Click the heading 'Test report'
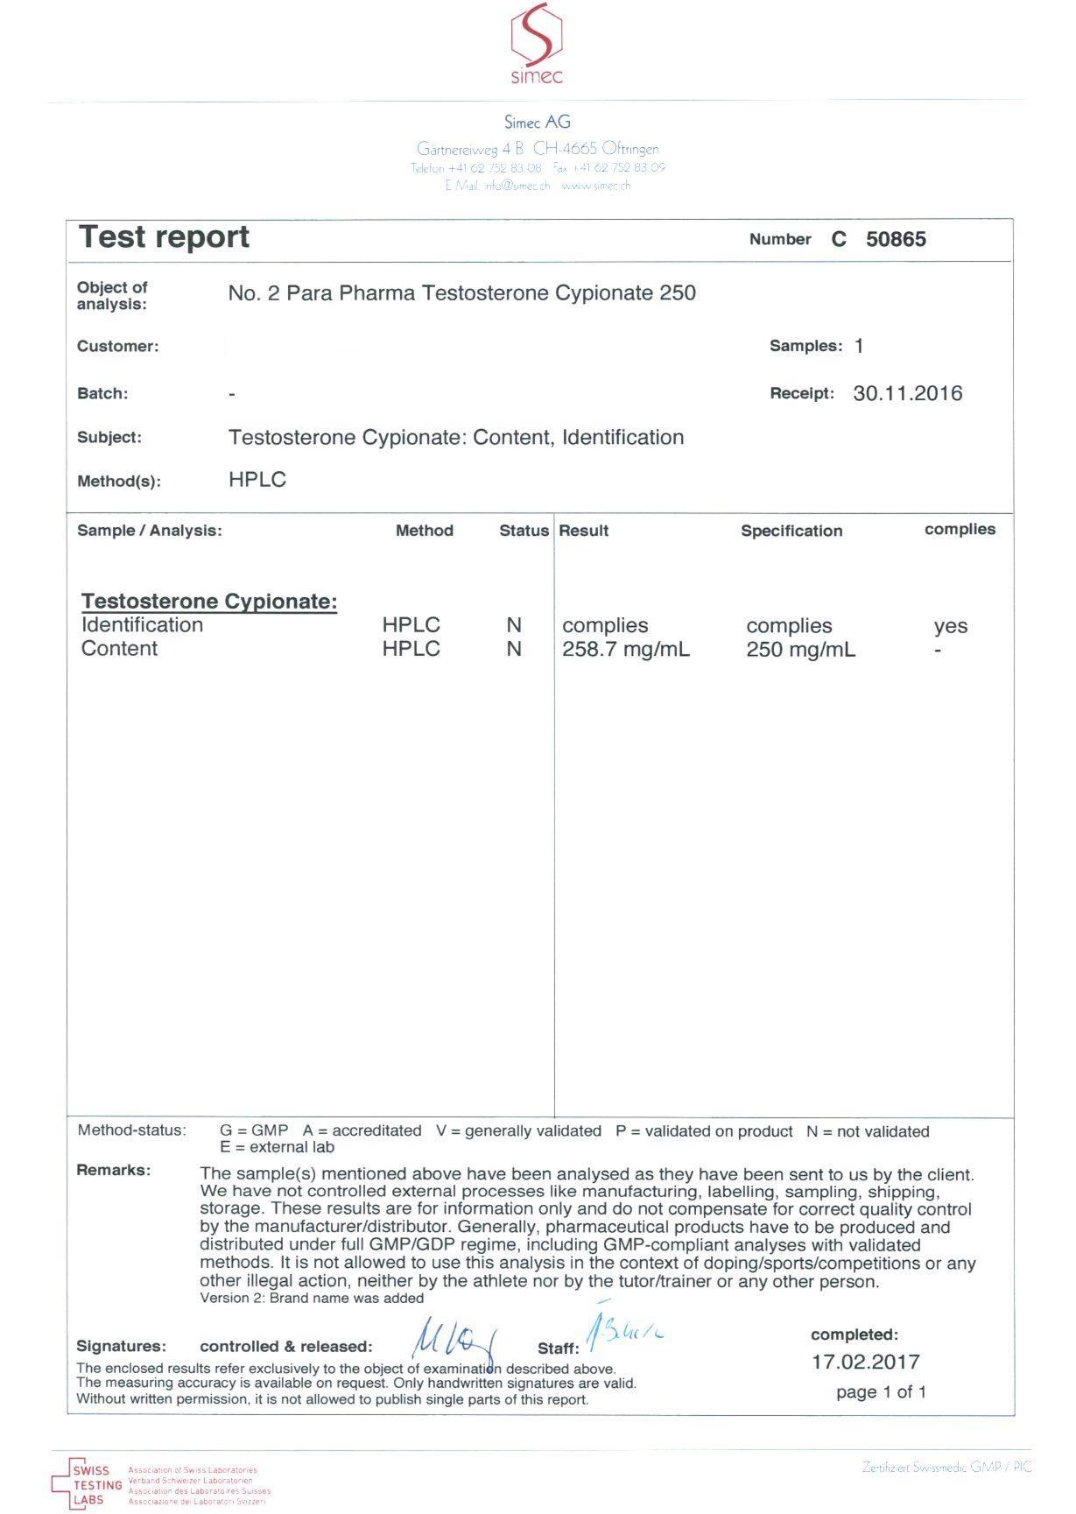coord(165,237)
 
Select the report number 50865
coord(895,240)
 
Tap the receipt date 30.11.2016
coord(907,394)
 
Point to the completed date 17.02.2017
coord(865,1362)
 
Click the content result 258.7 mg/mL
coord(625,650)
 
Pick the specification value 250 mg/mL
coord(800,650)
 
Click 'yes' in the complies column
coord(950,626)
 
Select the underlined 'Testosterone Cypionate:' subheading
coord(209,602)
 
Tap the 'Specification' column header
coord(791,531)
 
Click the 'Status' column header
coord(524,531)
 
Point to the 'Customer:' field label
coord(118,346)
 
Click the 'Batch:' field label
coord(102,394)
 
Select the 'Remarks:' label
coord(114,1170)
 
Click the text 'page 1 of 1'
coord(881,1391)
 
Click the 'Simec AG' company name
coord(537,123)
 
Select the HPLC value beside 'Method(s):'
coord(257,480)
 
